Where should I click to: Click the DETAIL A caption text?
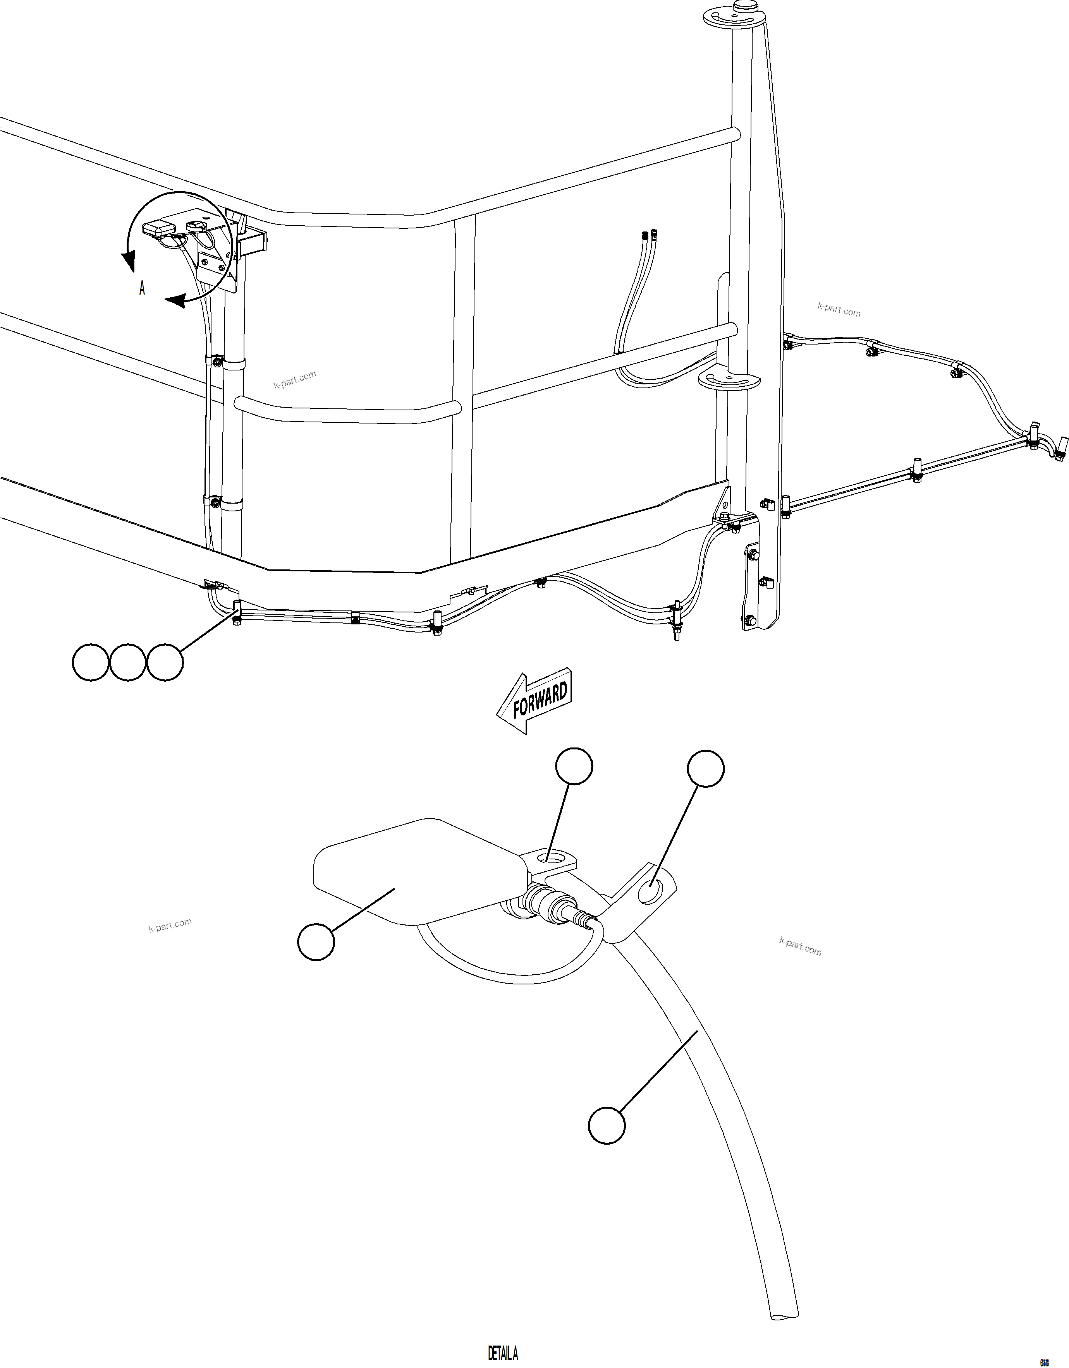coord(503,1353)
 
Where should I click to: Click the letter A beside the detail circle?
coord(142,288)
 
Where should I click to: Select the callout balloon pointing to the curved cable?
coord(607,1126)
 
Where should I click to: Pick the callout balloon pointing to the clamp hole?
coord(706,768)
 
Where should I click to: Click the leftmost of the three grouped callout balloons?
coord(91,662)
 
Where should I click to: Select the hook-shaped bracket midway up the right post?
coord(728,380)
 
